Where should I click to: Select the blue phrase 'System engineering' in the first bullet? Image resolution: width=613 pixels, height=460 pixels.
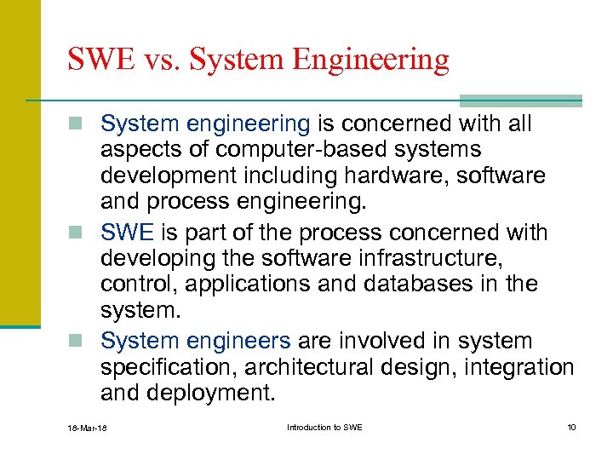(205, 124)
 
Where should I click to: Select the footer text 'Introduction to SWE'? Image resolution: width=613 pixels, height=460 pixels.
(324, 427)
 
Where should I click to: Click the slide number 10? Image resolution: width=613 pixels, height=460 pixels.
(570, 427)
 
